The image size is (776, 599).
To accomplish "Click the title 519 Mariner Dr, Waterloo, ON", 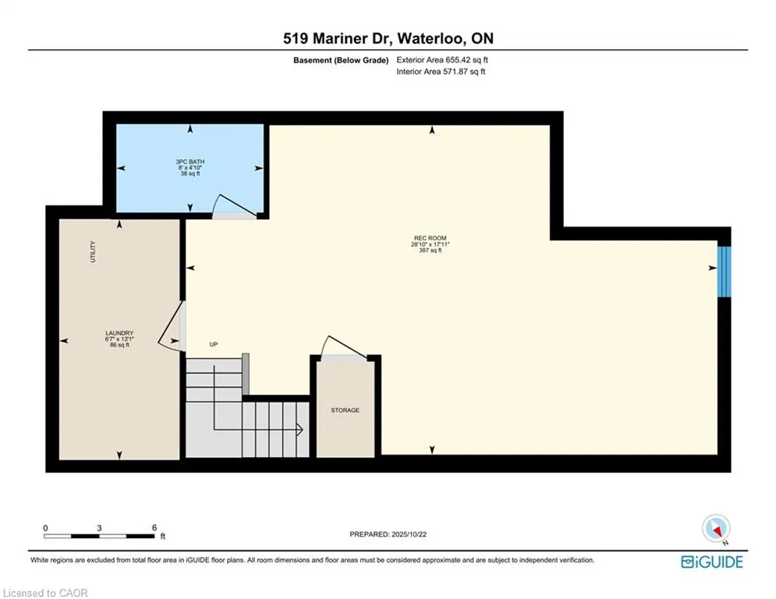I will (388, 38).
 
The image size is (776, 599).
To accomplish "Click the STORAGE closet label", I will (345, 409).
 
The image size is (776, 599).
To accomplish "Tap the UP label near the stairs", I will (212, 344).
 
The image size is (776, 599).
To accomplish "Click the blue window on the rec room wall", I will (725, 271).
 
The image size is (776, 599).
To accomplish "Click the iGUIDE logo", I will (711, 562).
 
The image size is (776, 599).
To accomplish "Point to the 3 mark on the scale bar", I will (99, 527).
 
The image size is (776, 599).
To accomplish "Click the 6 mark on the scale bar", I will (154, 527).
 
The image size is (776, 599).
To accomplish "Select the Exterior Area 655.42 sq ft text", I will (442, 59).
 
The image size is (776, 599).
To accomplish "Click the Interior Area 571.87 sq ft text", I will (441, 72).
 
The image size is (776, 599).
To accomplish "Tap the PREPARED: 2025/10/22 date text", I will (388, 534).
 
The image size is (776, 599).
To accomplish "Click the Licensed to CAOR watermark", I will (46, 593).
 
